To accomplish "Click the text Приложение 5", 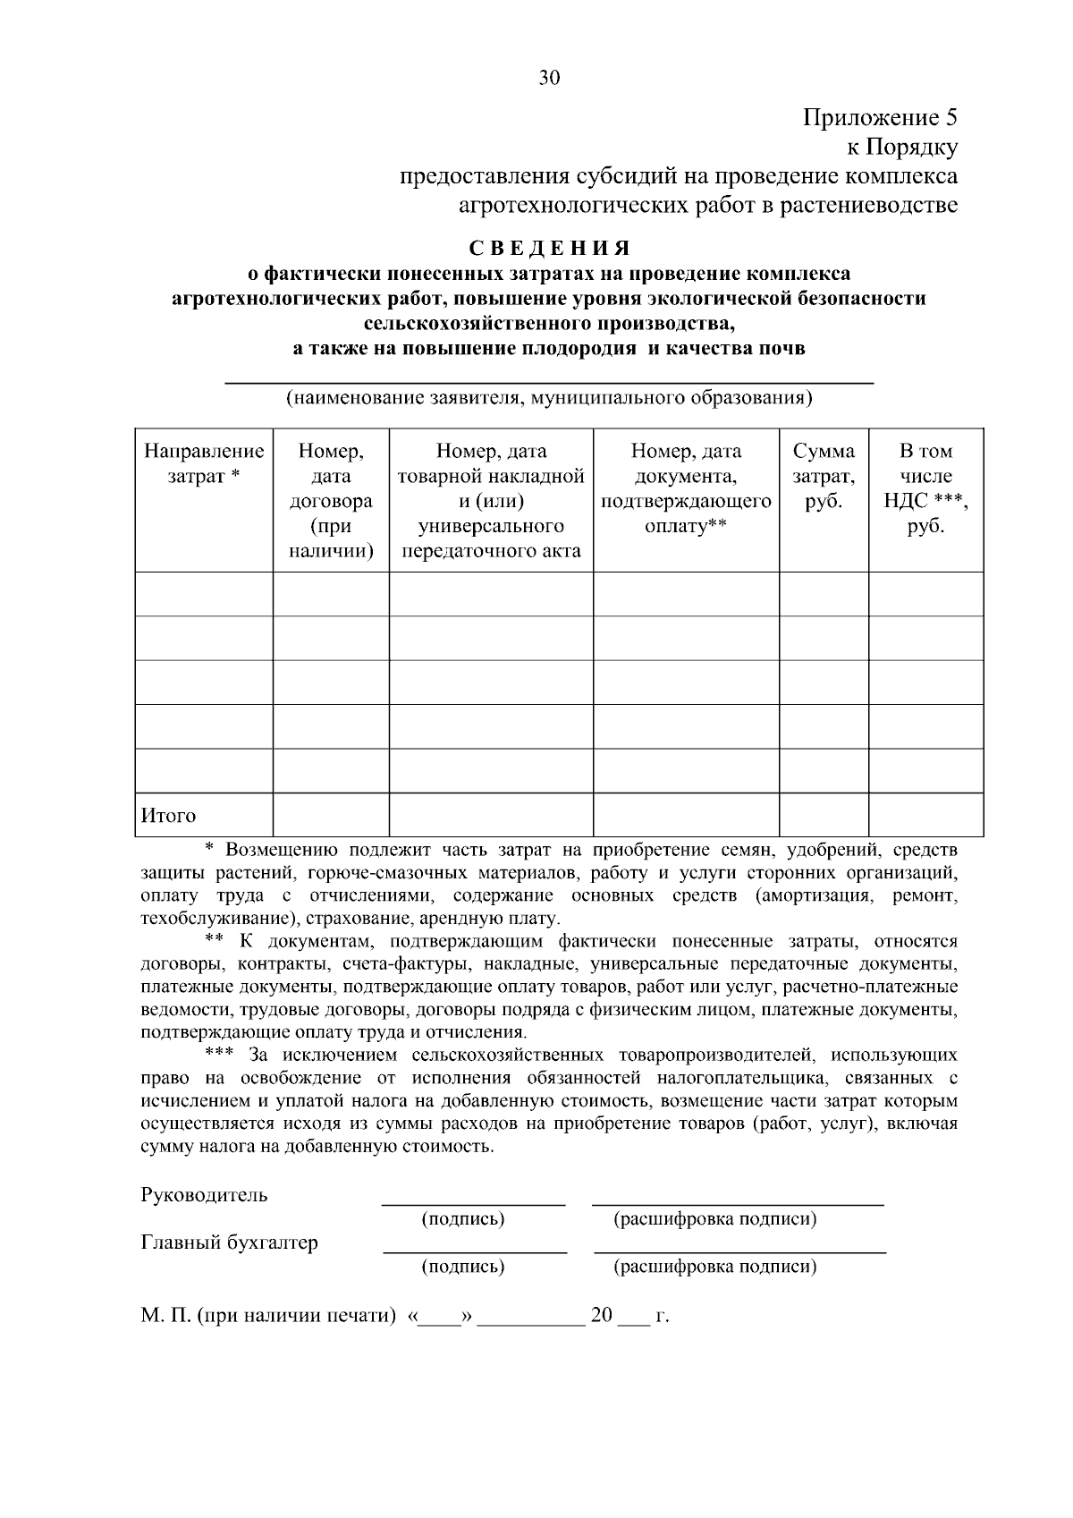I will [880, 118].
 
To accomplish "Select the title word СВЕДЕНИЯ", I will [549, 248].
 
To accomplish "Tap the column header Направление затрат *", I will [204, 463].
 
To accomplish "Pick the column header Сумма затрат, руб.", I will [824, 476].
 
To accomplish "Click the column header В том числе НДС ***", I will [925, 488].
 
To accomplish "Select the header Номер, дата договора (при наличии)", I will [331, 501].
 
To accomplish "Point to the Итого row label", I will [168, 816].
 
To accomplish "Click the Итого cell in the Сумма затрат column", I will [824, 815].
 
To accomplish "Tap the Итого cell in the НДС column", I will [925, 815].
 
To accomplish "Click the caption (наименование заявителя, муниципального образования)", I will [548, 397].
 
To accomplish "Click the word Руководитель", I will [204, 1195].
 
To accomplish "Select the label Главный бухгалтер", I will [229, 1242].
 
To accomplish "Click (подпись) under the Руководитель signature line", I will [462, 1218].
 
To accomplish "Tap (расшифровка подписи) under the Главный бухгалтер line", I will [714, 1267].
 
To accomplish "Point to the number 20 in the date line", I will [602, 1316].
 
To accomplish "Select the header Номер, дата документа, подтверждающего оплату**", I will [686, 488].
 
